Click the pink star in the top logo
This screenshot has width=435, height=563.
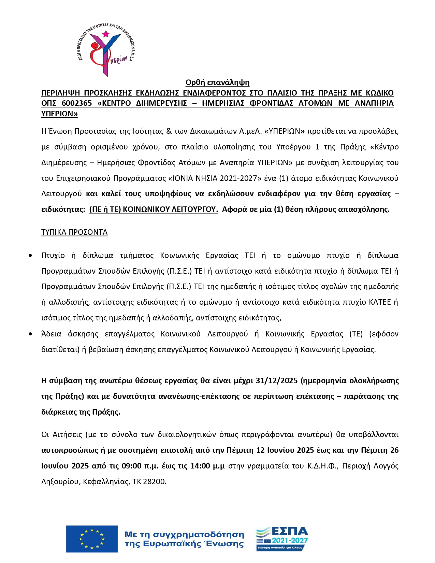pyautogui.click(x=106, y=33)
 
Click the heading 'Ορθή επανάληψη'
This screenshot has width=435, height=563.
pyautogui.click(x=217, y=82)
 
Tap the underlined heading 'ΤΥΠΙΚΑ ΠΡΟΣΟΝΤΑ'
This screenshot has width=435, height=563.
pyautogui.click(x=74, y=232)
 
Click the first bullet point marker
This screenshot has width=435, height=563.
pyautogui.click(x=31, y=255)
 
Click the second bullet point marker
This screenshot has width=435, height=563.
pyautogui.click(x=31, y=334)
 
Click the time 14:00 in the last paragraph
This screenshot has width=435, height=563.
pyautogui.click(x=200, y=466)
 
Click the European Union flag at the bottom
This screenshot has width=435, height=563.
pyautogui.click(x=92, y=539)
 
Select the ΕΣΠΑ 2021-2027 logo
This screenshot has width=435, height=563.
pyautogui.click(x=282, y=538)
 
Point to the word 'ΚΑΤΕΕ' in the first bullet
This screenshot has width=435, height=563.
pyautogui.click(x=380, y=302)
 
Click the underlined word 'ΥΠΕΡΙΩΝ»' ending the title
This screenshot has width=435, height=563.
pyautogui.click(x=59, y=114)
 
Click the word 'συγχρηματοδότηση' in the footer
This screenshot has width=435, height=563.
pyautogui.click(x=199, y=534)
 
